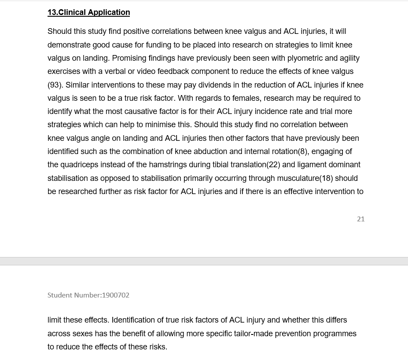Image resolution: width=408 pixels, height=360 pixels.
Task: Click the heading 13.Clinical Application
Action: coord(88,12)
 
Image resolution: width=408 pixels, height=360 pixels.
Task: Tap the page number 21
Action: coord(360,219)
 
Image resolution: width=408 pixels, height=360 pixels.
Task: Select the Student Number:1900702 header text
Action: coord(88,295)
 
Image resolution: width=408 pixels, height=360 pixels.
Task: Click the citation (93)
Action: coord(55,84)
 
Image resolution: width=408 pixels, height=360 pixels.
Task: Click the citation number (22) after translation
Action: coord(273,165)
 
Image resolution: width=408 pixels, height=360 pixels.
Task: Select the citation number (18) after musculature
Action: coord(326,178)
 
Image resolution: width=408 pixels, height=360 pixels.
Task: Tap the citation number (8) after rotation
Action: coord(303,151)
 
